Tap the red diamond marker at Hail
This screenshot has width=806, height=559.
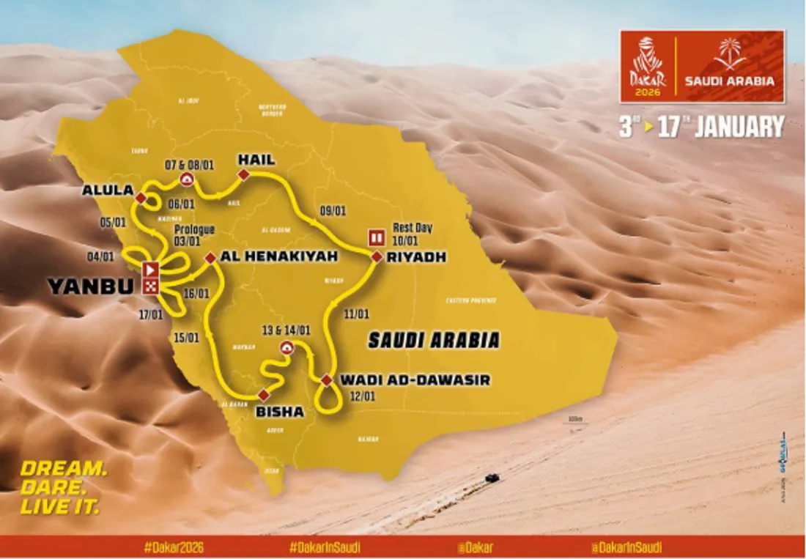(x=244, y=174)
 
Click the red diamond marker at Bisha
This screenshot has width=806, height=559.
(x=263, y=396)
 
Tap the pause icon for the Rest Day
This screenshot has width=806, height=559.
(x=377, y=237)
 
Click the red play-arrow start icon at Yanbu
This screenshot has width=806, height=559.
(x=151, y=268)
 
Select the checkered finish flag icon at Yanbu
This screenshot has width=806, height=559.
(x=151, y=286)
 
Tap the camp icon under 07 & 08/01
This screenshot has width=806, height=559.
(x=188, y=180)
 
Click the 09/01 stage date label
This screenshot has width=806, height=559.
(x=333, y=211)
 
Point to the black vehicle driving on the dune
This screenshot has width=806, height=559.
(x=492, y=478)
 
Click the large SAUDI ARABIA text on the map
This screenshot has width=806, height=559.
(x=434, y=340)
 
